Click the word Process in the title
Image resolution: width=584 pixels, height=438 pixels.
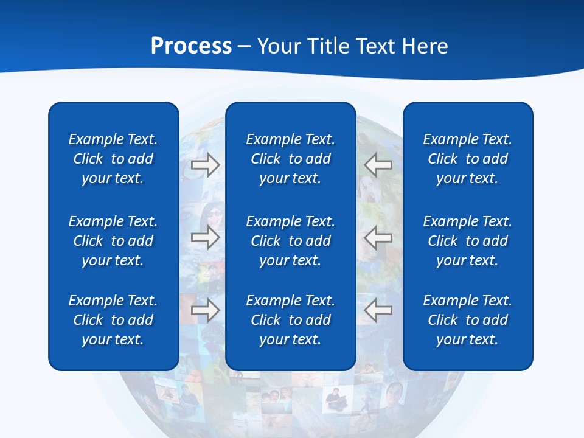coord(191,46)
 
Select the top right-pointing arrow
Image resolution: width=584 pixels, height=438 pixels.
coord(205,165)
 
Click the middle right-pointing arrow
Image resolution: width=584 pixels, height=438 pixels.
coord(205,237)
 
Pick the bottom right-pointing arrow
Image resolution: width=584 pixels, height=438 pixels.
coord(205,311)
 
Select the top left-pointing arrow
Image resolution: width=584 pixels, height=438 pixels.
coord(378,165)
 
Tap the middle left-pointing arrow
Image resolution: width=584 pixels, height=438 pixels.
coord(378,237)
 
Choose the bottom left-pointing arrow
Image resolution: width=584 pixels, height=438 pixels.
coord(378,311)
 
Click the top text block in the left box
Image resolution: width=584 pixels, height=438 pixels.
coord(113,159)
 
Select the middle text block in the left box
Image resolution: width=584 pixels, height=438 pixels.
coord(113,241)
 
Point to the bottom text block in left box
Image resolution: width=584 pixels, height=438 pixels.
coord(113,320)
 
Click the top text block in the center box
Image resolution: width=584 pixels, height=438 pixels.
coord(290,159)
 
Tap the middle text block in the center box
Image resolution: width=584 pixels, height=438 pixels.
coord(290,241)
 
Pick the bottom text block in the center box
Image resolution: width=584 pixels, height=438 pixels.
coord(290,320)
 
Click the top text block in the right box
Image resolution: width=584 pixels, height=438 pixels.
coord(467,159)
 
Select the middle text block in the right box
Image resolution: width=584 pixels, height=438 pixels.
coord(467,241)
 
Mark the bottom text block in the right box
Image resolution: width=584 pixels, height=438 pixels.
coord(467,320)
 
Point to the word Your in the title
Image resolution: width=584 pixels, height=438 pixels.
coord(278,46)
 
